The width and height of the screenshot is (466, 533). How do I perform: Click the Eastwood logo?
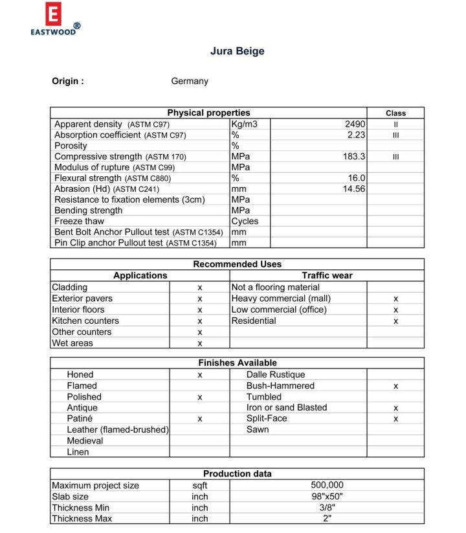55,19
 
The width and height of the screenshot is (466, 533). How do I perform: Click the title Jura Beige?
237,51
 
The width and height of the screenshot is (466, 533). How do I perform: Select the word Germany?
190,81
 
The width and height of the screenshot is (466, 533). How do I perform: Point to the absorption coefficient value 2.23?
356,135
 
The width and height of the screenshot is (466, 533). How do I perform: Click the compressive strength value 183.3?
354,157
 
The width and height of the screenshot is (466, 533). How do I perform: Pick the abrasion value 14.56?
354,188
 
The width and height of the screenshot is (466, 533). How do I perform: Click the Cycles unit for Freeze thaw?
245,221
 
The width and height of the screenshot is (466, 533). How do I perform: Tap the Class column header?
395,113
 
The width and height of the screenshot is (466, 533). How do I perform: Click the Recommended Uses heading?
237,264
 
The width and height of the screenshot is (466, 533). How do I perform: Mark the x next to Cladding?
200,288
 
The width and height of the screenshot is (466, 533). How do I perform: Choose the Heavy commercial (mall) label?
281,299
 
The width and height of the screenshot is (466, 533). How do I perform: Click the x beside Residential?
395,321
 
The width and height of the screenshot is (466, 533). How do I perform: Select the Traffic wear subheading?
327,275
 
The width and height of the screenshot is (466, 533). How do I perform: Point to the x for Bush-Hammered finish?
395,386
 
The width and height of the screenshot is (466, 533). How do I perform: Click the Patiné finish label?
80,418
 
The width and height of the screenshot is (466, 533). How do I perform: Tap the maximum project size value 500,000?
327,485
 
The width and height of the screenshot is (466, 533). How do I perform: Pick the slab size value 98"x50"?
327,497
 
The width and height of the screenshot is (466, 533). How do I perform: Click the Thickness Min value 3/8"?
327,508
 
